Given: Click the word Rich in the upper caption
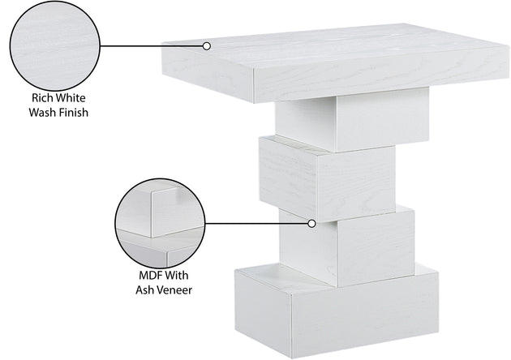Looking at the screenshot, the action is click(x=41, y=98).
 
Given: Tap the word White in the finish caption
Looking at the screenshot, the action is click(x=71, y=98).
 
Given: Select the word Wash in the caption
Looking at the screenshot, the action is click(x=41, y=113).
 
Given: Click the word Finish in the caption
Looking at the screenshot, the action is click(x=73, y=113).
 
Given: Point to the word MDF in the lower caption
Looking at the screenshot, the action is click(x=149, y=276).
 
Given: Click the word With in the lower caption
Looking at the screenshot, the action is click(x=176, y=276).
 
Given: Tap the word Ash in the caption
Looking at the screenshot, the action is click(x=144, y=290).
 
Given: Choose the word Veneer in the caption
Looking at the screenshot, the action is click(x=174, y=290).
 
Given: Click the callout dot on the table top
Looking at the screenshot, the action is click(x=206, y=46).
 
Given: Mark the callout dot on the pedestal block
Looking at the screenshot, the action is click(x=311, y=224).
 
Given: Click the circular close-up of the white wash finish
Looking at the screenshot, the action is click(x=55, y=46).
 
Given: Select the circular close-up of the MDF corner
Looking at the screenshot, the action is click(x=160, y=224).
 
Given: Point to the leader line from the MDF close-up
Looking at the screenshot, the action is click(x=256, y=224).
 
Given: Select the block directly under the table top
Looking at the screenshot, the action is click(x=352, y=120).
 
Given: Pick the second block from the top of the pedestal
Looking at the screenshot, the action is click(x=328, y=178).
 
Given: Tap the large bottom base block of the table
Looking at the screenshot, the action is click(x=337, y=311).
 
